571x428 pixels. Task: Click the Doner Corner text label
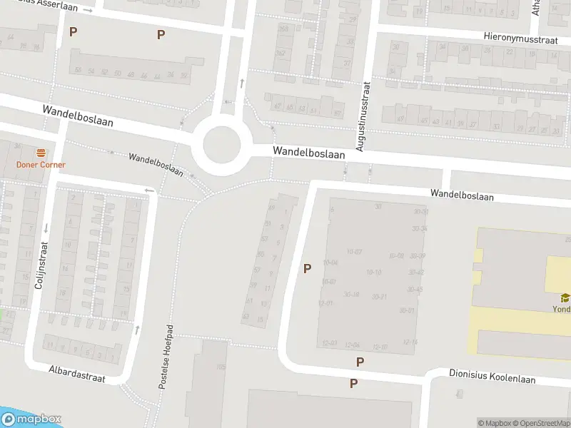pos(41,165)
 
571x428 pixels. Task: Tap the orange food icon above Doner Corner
pos(41,153)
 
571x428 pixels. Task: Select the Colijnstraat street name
pos(41,265)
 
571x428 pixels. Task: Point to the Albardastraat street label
pos(77,374)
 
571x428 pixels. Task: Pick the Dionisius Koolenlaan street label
pos(492,375)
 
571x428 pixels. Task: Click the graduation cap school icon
pos(565,298)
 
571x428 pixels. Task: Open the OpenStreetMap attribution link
pos(540,423)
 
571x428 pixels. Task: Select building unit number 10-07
pos(354,251)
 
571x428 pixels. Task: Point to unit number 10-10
pos(373,272)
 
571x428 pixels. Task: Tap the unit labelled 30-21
pos(379,296)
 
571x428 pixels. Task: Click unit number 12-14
pos(410,342)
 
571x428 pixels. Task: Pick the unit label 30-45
pos(415,289)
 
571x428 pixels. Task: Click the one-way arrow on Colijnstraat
pos(46,228)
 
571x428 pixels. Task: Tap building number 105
pos(221,367)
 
